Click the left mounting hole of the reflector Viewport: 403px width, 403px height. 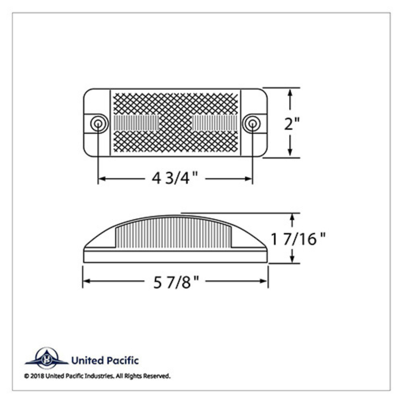(x=98, y=124)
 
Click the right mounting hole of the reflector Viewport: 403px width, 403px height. (x=252, y=124)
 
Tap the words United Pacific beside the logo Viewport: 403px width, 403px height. (x=104, y=360)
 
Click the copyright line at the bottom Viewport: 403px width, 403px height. (x=97, y=375)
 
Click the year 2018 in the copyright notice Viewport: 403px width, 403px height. (x=39, y=375)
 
